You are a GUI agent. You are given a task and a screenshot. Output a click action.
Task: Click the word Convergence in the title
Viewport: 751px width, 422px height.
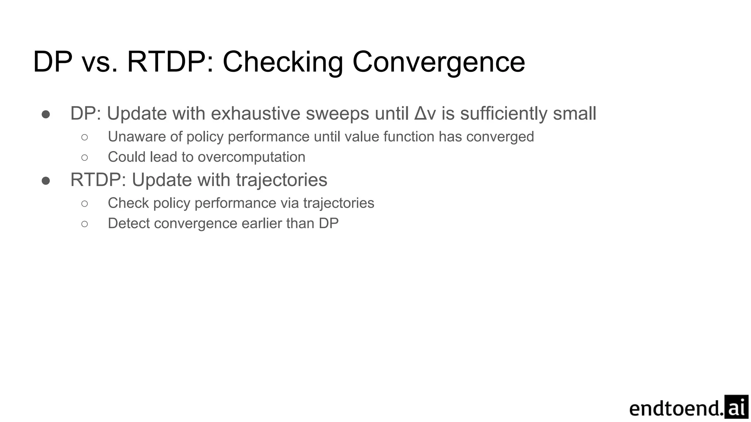click(439, 62)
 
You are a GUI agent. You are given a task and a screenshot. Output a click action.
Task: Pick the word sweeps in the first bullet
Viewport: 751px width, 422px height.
click(337, 114)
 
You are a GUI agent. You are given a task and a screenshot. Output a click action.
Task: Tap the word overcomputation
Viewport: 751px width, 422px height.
click(251, 157)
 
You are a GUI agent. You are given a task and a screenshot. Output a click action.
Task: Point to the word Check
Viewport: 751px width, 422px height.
click(128, 203)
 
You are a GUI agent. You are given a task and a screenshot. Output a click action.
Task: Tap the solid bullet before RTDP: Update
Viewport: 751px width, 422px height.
click(46, 180)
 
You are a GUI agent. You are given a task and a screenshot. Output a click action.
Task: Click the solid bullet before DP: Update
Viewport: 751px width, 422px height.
click(46, 114)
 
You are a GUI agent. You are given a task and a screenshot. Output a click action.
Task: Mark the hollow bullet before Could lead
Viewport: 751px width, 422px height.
click(85, 158)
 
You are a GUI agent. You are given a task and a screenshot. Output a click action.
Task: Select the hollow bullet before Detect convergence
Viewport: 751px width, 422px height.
click(85, 224)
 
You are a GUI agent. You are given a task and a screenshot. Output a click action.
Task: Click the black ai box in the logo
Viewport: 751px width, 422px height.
click(736, 407)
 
